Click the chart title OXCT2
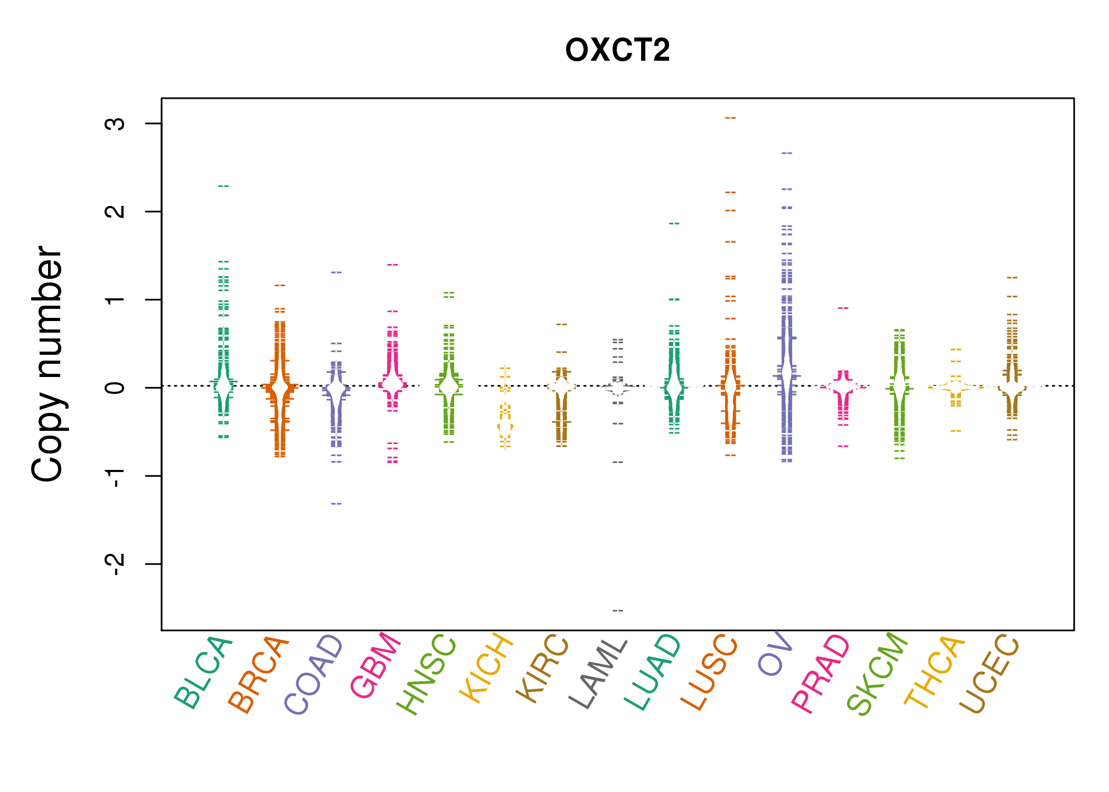[617, 50]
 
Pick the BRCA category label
[258, 674]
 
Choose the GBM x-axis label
[375, 665]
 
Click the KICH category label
[486, 668]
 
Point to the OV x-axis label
[775, 654]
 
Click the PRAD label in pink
[820, 674]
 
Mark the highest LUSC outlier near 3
[730, 118]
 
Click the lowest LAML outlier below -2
[618, 611]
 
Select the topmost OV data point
[787, 153]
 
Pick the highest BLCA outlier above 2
[223, 186]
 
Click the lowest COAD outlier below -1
[336, 504]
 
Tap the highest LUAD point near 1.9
[674, 223]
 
